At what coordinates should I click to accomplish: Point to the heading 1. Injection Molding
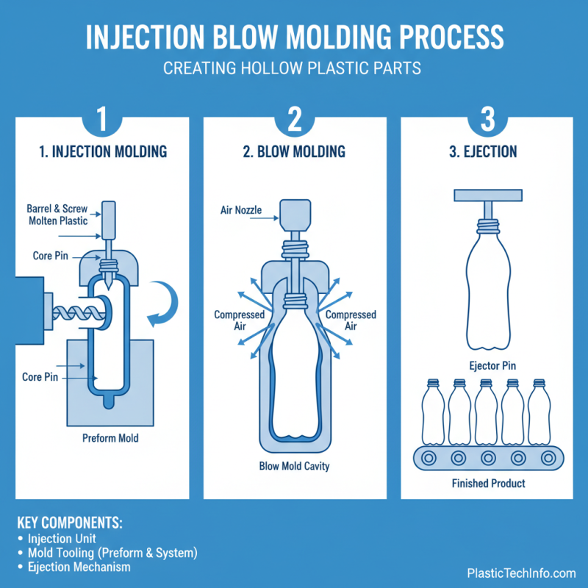[x=103, y=152]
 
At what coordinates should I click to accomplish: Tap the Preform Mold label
[x=110, y=438]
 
